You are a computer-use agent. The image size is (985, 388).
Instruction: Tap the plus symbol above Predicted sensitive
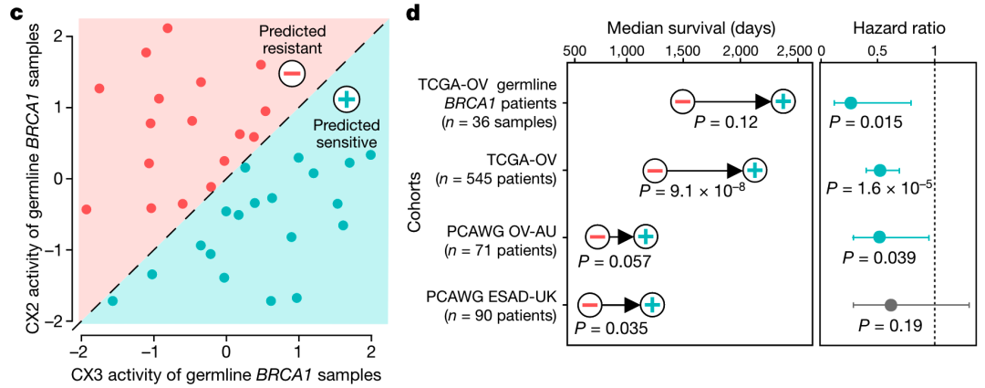point(347,100)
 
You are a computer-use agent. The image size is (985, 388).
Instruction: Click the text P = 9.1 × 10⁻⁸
point(693,190)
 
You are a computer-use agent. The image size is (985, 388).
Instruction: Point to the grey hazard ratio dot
point(891,305)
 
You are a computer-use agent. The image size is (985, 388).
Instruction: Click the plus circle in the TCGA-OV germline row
point(783,102)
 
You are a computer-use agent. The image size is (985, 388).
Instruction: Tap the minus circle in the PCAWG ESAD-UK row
point(589,305)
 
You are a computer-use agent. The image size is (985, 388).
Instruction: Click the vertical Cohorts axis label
point(414,207)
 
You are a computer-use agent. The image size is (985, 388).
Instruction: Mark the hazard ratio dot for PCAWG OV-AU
point(879,237)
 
